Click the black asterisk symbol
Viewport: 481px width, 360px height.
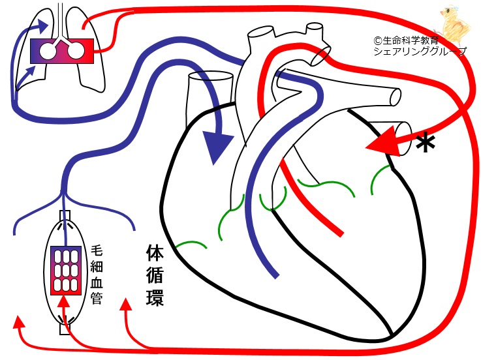click(x=426, y=143)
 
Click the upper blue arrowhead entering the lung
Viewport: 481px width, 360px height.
click(x=44, y=25)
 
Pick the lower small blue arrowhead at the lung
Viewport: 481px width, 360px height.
click(x=31, y=68)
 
